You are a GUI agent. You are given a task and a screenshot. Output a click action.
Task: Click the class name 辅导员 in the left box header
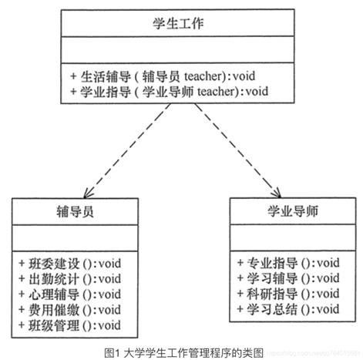(75, 210)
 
